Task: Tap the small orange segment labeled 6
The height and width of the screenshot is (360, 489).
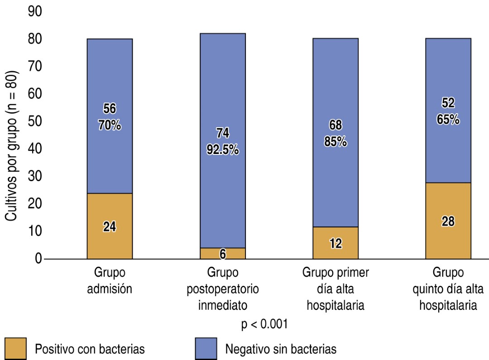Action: (x=222, y=254)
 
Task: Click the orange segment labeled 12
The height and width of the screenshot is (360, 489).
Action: (x=336, y=243)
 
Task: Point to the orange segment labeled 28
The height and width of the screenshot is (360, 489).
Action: (x=448, y=221)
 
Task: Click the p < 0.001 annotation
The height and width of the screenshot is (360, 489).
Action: (x=265, y=325)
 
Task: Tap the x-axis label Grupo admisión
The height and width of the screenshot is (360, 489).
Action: (x=110, y=281)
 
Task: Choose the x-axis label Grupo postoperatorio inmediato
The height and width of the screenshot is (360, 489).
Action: (x=222, y=289)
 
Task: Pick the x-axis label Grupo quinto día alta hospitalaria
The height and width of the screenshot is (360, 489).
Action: (x=448, y=289)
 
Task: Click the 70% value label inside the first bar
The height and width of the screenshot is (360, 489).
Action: (x=110, y=125)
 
